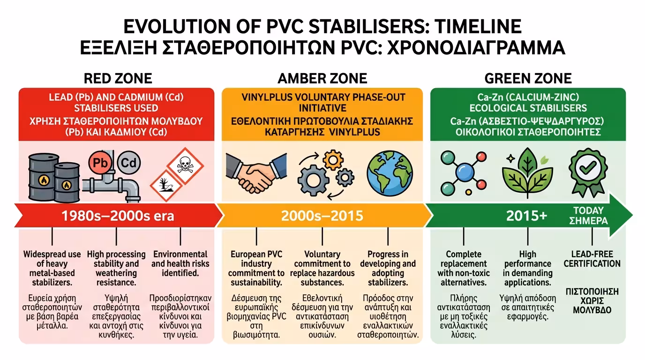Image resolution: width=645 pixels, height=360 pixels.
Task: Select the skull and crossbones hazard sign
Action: [x=186, y=164]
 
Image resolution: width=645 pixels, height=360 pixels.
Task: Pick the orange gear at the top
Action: [x=333, y=160]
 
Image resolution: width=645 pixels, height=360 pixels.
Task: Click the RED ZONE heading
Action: [x=118, y=78]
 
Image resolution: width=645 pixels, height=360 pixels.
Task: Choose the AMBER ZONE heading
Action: [x=322, y=78]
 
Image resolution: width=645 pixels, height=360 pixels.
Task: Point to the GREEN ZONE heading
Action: [x=528, y=78]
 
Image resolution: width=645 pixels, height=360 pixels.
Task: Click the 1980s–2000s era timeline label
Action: [x=118, y=216]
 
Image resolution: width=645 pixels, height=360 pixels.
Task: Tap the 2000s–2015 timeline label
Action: [x=322, y=216]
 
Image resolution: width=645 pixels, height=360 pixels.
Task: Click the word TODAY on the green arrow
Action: [x=588, y=210]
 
